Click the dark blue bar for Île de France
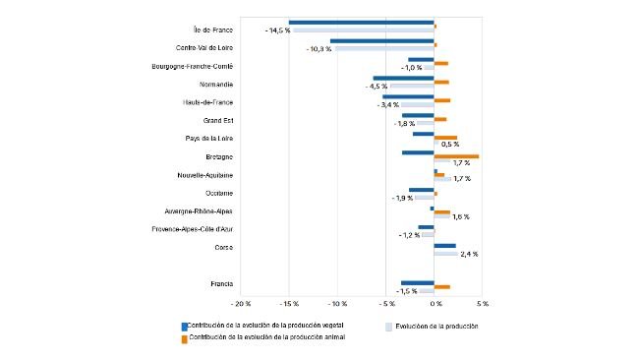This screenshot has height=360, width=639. pyautogui.click(x=361, y=23)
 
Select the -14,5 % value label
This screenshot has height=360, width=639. pyautogui.click(x=276, y=30)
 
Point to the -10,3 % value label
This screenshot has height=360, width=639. pyautogui.click(x=319, y=49)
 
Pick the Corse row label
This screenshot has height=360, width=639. pyautogui.click(x=222, y=247)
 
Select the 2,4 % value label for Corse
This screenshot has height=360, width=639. pyautogui.click(x=469, y=254)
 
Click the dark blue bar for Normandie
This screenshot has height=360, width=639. pyautogui.click(x=403, y=79)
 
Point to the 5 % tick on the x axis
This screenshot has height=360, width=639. pyautogui.click(x=482, y=304)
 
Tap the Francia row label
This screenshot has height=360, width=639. pyautogui.click(x=221, y=284)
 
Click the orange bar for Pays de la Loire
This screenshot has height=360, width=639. pyautogui.click(x=445, y=138)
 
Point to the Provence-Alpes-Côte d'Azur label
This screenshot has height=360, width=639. pyautogui.click(x=192, y=229)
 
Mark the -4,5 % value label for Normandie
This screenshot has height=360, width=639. pyautogui.click(x=376, y=87)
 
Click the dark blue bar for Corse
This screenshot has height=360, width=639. pyautogui.click(x=444, y=246)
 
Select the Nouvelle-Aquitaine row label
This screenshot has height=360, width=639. pyautogui.click(x=204, y=175)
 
